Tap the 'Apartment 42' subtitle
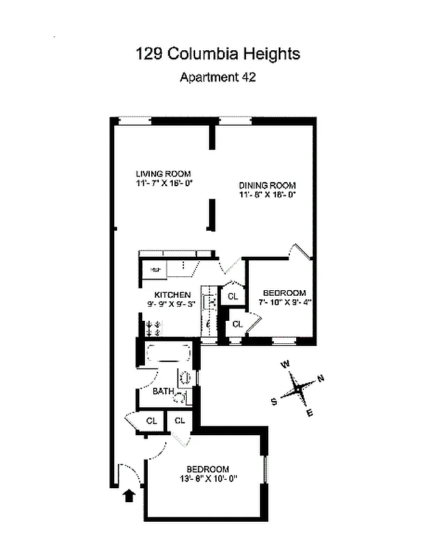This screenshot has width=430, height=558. (x=217, y=77)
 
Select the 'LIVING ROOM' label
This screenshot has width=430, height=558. (x=163, y=174)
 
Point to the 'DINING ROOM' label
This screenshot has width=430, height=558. (x=267, y=185)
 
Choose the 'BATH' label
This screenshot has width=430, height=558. (x=163, y=391)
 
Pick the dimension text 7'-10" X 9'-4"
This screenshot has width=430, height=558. (x=284, y=303)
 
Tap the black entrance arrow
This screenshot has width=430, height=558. (x=128, y=496)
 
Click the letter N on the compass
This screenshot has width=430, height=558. (x=321, y=379)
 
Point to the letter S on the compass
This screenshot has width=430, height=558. (x=274, y=401)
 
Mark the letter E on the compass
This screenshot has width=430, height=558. (x=309, y=414)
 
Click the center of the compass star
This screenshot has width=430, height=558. (x=298, y=389)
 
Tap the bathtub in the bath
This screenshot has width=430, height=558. (x=166, y=353)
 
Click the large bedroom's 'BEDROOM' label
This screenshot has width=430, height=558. (x=207, y=468)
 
